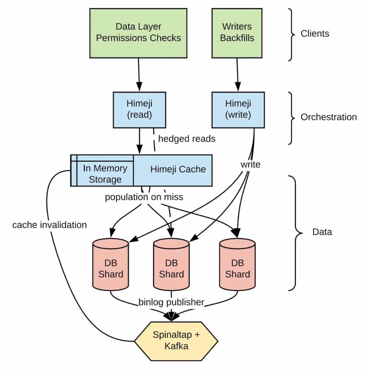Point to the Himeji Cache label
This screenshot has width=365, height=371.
coord(178,169)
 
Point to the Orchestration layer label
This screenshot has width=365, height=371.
coord(328,117)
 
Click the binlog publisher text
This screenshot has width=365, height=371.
coord(171,302)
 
